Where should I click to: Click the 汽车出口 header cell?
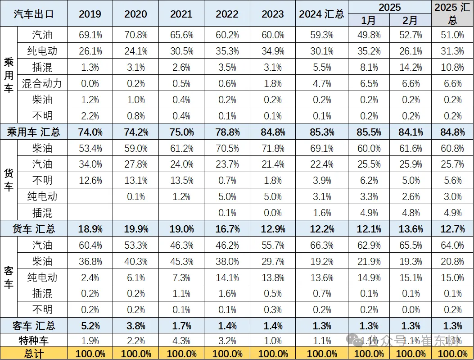[x=34, y=14]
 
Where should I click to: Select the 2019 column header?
[x=90, y=14]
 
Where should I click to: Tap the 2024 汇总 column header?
[x=321, y=14]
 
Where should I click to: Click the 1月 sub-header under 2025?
[x=369, y=20]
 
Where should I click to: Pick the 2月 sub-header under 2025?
[x=411, y=20]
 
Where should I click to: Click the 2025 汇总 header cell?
[x=452, y=14]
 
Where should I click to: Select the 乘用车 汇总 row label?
[x=34, y=132]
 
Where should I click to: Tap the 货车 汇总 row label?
[x=34, y=229]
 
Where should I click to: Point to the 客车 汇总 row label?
[x=34, y=326]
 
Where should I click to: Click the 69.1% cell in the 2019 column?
[x=90, y=35]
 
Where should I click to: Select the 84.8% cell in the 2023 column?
[x=273, y=132]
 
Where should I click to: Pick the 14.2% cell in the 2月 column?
[x=411, y=68]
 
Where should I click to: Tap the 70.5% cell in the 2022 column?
[x=227, y=148]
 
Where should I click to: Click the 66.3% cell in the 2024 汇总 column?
[x=321, y=245]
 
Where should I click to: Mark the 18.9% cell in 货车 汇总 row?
[x=90, y=229]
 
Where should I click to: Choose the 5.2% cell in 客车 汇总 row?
[x=90, y=326]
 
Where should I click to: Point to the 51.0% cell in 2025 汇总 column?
[x=452, y=35]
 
